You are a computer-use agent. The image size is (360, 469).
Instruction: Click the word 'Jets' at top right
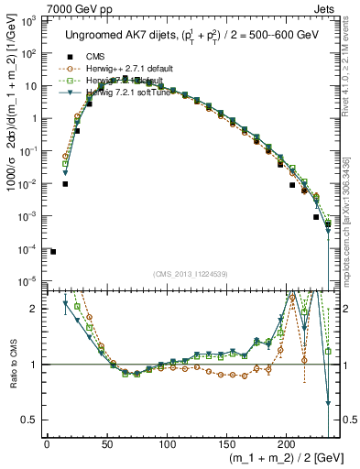(327, 7)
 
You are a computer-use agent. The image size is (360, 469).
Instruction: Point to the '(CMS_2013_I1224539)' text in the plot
(191, 273)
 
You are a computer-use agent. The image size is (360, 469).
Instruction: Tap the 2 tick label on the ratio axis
(36, 309)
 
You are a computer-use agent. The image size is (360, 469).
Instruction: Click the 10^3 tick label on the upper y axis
(30, 21)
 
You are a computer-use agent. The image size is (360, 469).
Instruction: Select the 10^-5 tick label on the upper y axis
(30, 281)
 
